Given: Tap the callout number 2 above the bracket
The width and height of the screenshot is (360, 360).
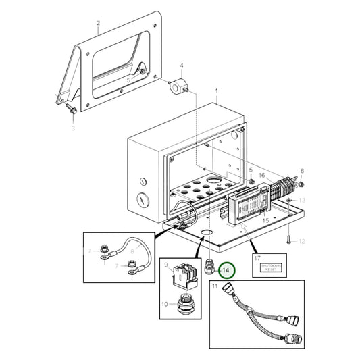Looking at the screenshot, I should (98, 23).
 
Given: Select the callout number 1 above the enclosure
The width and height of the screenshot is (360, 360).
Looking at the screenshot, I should (216, 90).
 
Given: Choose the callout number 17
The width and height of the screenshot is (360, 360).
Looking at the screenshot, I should (256, 257).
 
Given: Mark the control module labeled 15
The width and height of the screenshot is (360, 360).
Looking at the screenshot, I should (247, 203).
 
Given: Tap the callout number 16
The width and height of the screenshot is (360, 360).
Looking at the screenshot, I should (261, 176).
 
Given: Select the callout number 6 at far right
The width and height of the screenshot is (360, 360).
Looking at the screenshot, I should (302, 171).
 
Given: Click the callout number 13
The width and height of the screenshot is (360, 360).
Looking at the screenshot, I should (302, 201).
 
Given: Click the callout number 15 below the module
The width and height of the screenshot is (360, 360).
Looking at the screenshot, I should (265, 220).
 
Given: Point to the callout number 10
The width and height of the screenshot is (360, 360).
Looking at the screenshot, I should (163, 304).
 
